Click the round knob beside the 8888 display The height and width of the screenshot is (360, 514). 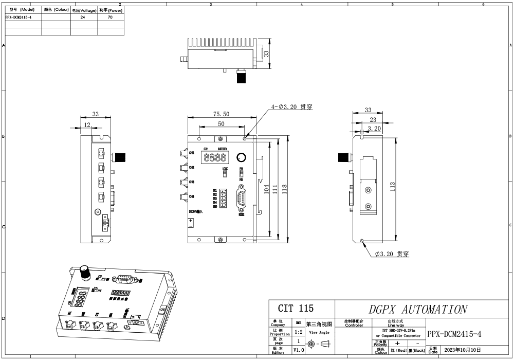(x=241, y=157)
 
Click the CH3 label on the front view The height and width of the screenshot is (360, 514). (x=191, y=182)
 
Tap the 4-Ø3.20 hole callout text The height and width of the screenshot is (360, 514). (x=292, y=107)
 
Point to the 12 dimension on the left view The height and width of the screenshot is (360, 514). (x=87, y=125)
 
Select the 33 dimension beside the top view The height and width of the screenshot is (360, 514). (x=267, y=53)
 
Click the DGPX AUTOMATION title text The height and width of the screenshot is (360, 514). (x=417, y=310)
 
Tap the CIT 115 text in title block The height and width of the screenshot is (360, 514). (x=296, y=309)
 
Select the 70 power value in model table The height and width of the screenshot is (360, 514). (x=110, y=17)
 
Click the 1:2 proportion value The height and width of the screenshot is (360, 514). (x=299, y=332)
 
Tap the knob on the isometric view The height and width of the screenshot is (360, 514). (x=84, y=273)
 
